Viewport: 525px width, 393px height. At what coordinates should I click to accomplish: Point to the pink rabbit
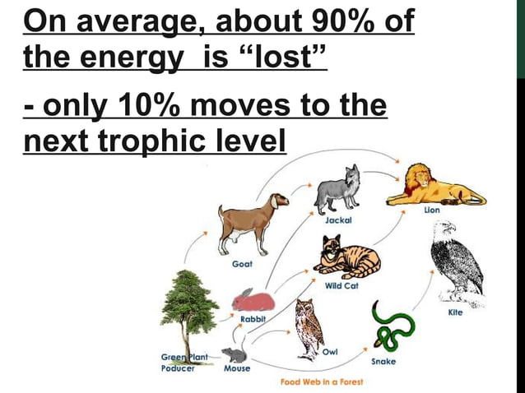(x=252, y=299)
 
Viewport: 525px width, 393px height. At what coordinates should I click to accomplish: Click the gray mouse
(x=235, y=355)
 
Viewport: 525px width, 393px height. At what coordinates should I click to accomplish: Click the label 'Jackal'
(x=338, y=221)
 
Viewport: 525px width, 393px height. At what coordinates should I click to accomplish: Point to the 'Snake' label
(x=384, y=362)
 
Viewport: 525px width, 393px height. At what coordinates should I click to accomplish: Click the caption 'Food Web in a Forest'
(x=321, y=381)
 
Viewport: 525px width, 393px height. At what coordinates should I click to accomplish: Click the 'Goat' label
(x=241, y=263)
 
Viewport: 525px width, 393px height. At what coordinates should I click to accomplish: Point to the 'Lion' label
(x=432, y=210)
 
